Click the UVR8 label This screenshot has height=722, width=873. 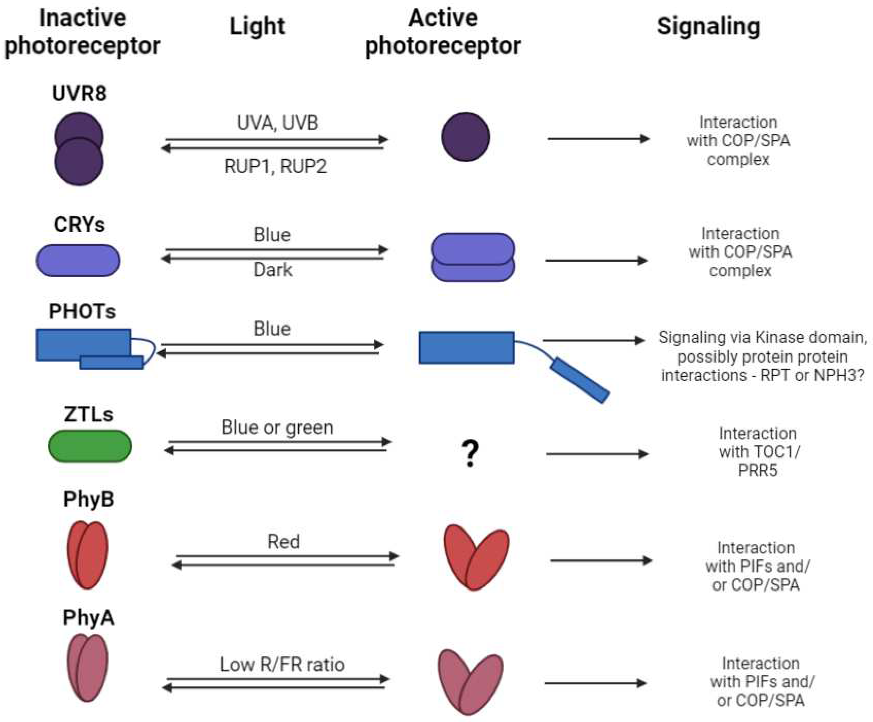point(79,93)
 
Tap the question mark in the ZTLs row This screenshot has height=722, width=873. point(470,453)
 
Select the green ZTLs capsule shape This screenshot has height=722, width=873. point(90,446)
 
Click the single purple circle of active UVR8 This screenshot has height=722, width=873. point(465,137)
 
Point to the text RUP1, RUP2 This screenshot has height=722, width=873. point(275,166)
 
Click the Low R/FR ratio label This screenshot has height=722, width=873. point(282,664)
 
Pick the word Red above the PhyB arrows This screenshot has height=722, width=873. point(283,541)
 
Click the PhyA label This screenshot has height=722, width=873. point(88,618)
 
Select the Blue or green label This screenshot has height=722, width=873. point(277,427)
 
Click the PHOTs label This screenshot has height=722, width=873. point(82,311)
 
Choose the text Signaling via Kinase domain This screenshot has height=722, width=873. point(762,337)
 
